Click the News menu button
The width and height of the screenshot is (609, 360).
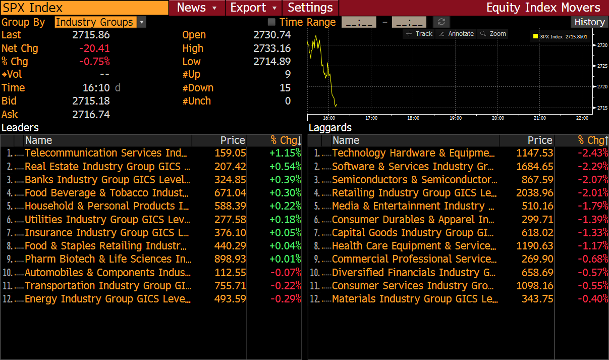[196, 8]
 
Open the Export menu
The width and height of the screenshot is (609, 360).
[253, 8]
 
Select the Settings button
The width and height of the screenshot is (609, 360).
[310, 8]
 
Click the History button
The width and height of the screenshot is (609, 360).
[589, 22]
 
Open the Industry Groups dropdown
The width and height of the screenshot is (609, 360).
[142, 22]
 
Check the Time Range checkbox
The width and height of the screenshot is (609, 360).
[271, 22]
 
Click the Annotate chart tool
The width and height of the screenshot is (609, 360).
[457, 34]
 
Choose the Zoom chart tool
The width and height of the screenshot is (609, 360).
[493, 34]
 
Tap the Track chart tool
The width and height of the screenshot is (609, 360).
[419, 34]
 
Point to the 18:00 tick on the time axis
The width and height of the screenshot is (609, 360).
[413, 118]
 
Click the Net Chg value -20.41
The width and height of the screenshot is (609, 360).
[94, 48]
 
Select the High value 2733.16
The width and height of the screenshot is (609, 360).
[272, 48]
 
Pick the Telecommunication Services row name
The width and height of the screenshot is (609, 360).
[106, 153]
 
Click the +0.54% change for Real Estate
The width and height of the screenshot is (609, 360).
[285, 167]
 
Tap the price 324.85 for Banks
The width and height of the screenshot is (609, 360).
[230, 180]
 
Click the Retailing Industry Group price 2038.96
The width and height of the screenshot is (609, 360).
[534, 193]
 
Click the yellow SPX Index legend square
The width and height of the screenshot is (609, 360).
[535, 36]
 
